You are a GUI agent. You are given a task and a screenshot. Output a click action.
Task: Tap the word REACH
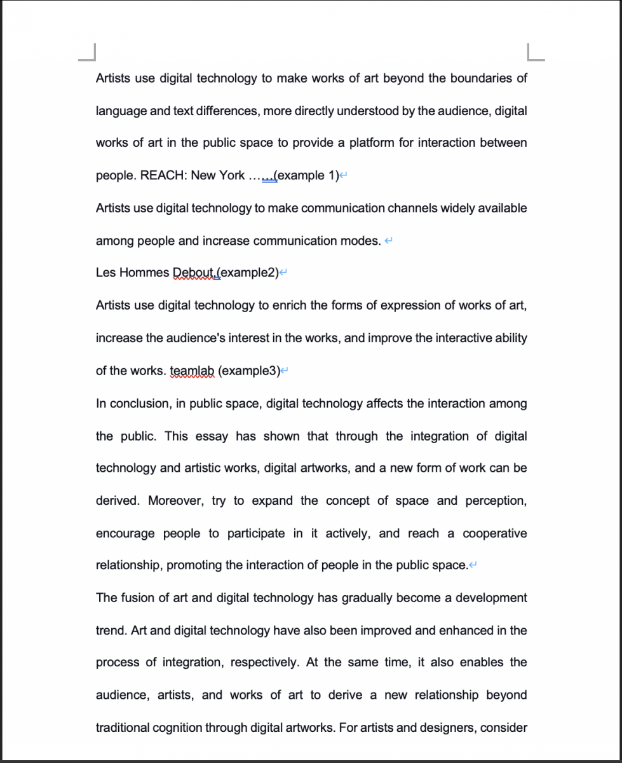(x=163, y=175)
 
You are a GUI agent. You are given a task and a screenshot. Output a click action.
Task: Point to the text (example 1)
(x=308, y=175)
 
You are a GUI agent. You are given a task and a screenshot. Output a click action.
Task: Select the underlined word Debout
(x=193, y=273)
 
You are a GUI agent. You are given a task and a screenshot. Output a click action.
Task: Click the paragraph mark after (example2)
(x=284, y=273)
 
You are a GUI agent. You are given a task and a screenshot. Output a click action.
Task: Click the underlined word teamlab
(x=193, y=371)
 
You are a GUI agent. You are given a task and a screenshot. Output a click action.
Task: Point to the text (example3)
(x=249, y=371)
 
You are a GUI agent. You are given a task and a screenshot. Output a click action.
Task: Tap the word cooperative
(x=494, y=533)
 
